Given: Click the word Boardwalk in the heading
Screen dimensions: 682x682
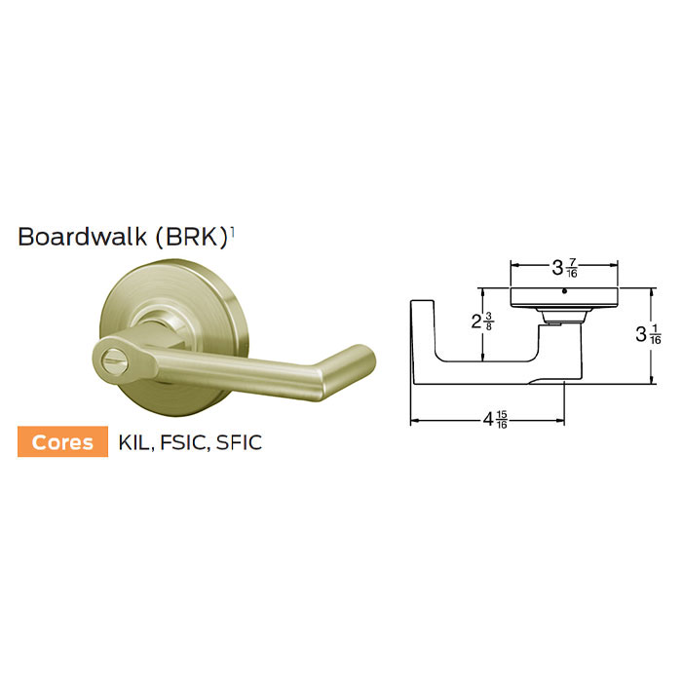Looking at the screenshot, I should [80, 237].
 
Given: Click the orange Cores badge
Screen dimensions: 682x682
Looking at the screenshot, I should [63, 441].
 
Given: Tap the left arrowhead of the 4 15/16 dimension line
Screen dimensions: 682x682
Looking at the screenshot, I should [413, 421].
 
